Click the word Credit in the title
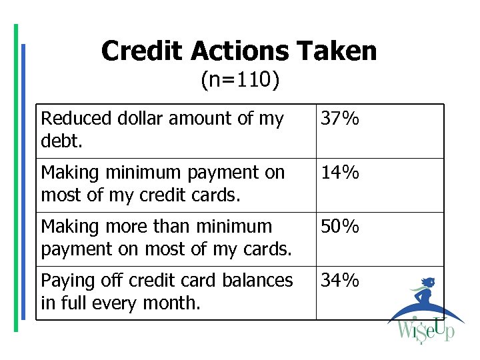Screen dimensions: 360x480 (x=143, y=51)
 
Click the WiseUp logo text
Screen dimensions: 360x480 (x=425, y=330)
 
